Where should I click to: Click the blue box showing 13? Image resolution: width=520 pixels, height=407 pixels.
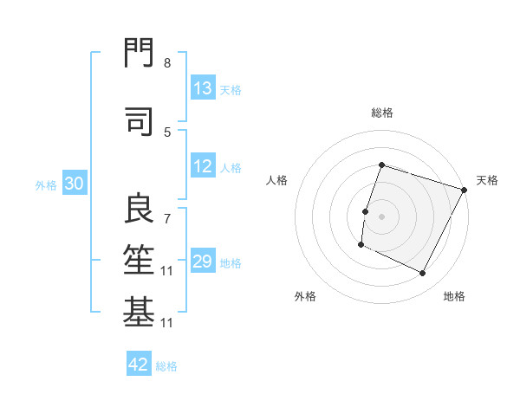coord(203,88)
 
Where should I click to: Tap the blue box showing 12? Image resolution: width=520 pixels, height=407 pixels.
coord(203,167)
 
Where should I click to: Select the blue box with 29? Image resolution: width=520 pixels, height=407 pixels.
coord(203,262)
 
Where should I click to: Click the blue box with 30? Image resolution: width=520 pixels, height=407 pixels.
coord(74,184)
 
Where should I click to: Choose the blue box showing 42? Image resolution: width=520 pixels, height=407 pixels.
coord(139,365)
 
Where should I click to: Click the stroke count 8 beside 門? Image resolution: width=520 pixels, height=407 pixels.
coord(167,63)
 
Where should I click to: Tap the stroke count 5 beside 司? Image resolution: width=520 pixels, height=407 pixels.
coord(167,132)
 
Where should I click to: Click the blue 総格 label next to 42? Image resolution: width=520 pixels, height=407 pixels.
coord(166,366)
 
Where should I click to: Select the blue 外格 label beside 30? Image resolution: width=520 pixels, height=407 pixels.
coord(46,185)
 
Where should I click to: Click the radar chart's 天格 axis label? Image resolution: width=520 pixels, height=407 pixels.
coord(487,180)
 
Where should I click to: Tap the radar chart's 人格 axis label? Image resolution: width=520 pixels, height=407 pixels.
coord(276,180)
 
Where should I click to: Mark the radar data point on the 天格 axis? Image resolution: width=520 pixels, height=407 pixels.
coord(465,190)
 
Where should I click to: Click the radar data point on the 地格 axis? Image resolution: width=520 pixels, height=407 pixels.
coord(423,274)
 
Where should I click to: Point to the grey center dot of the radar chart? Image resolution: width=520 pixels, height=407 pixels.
coord(381,216)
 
